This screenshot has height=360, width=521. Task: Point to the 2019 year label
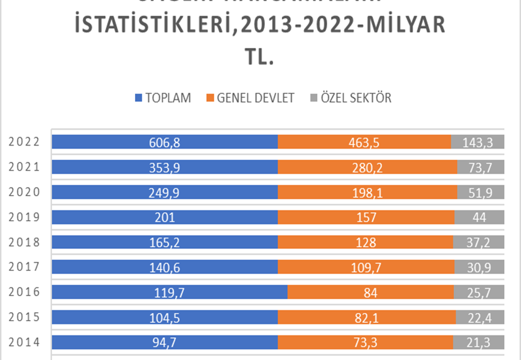[x=24, y=217]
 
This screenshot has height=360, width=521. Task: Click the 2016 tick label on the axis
[x=24, y=292]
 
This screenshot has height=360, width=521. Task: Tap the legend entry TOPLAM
[x=162, y=98]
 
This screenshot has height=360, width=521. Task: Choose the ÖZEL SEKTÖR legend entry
[x=351, y=98]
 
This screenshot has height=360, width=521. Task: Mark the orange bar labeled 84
[x=370, y=292]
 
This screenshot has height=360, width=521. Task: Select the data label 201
[x=165, y=217]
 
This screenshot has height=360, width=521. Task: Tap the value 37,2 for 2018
[x=477, y=242]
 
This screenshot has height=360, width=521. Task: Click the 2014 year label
[x=24, y=342]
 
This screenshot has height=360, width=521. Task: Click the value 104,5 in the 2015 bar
[x=165, y=317]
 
